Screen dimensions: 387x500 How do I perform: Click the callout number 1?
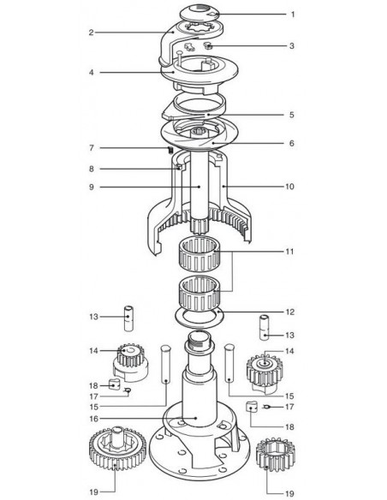pos(293,15)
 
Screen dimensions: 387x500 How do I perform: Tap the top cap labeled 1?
pos(199,13)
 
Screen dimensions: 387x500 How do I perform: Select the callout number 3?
pos(292,46)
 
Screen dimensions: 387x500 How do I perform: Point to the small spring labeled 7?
pos(170,149)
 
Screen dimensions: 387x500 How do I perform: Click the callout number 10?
pos(289,187)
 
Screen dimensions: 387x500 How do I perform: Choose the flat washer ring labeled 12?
pos(199,318)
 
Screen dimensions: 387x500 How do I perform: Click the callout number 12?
pos(289,312)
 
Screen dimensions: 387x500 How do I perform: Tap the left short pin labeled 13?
pos(128,318)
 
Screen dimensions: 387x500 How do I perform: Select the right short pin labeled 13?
pos(264,328)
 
